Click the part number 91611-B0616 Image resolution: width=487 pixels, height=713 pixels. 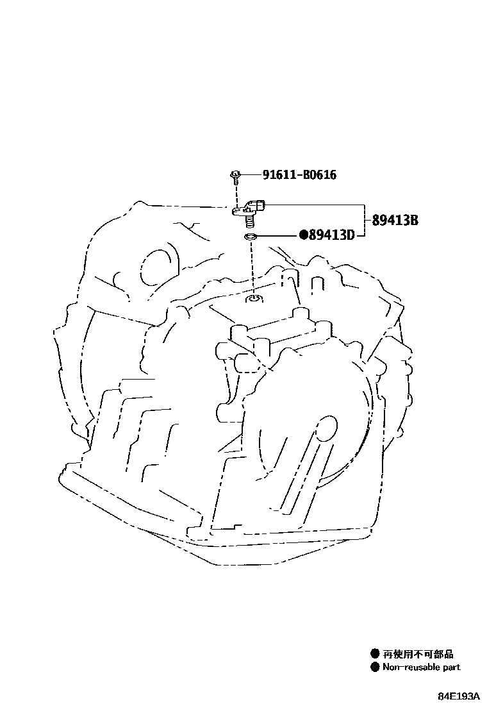coord(299,175)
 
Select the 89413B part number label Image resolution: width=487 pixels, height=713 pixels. coord(395,221)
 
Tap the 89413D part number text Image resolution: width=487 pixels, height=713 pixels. coord(331,235)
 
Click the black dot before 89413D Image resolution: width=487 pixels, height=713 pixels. coord(304,235)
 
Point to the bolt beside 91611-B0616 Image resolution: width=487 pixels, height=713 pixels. coord(236,175)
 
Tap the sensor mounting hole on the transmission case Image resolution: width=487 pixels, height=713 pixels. coord(254,298)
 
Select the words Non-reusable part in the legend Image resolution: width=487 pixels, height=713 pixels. coord(421,667)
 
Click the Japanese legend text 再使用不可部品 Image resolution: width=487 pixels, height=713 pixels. coord(418,654)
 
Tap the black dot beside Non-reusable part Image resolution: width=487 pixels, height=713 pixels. coord(375,667)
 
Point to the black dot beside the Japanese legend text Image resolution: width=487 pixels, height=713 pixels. coord(375,654)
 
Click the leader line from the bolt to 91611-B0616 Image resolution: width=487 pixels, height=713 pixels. coord(251,174)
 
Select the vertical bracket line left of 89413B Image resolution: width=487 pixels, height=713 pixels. coord(365,221)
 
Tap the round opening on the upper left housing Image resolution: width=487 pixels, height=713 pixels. coord(153,267)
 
